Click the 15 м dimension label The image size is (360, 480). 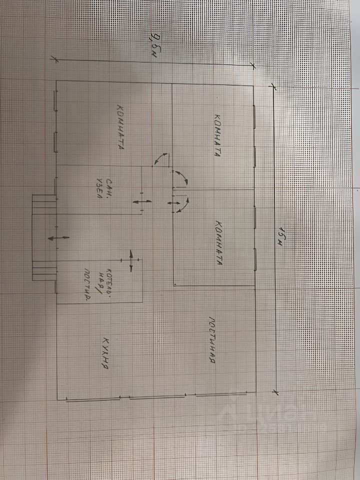coord(282,235)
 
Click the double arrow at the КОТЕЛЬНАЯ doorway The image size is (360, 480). coord(131,260)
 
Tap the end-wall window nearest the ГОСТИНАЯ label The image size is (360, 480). coord(215,395)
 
